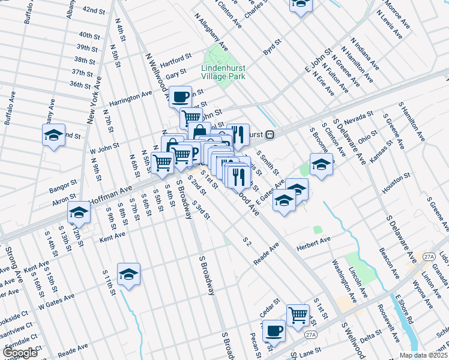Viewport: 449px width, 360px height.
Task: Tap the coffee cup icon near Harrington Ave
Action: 180,97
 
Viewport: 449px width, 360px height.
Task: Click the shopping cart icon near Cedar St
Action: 298,314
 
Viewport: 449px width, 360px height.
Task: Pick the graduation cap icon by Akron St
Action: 79,212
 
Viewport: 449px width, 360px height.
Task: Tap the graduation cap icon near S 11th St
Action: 128,274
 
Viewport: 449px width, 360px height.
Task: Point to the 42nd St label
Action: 94,10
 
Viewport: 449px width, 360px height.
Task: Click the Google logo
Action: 20,353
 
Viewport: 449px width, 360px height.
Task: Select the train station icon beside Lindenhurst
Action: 270,134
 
